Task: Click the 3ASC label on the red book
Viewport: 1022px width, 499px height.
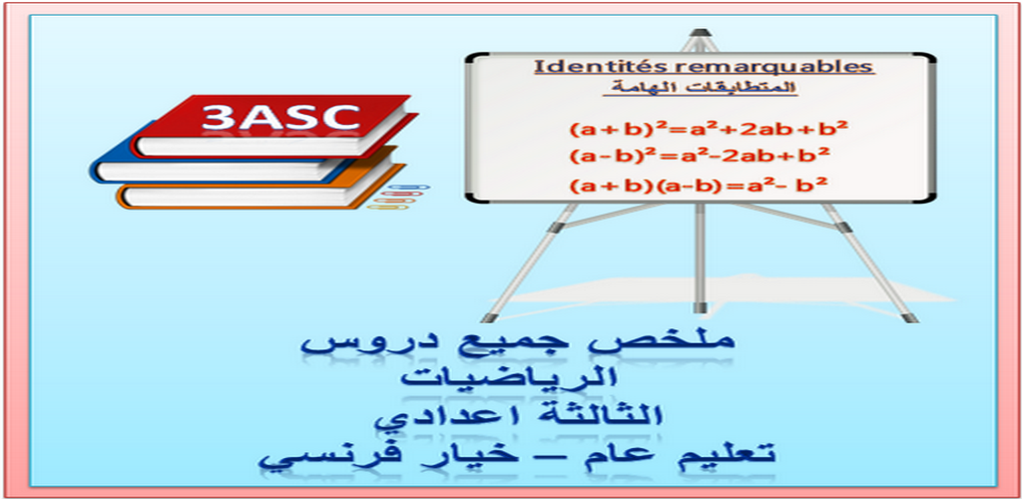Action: (280, 117)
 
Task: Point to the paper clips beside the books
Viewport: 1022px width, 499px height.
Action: (398, 197)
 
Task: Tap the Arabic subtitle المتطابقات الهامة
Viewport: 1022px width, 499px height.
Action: (700, 88)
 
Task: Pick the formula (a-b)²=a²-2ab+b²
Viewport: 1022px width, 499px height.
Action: (700, 157)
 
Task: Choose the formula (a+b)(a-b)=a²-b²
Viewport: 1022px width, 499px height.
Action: (699, 186)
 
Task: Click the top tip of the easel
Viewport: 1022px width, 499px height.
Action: (700, 31)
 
